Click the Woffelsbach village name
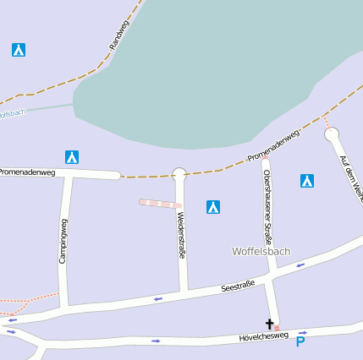pyautogui.click(x=261, y=251)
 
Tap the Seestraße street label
pyautogui.click(x=238, y=286)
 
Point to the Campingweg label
pyautogui.click(x=63, y=241)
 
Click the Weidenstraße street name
pyautogui.click(x=180, y=235)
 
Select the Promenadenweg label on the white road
pyautogui.click(x=28, y=172)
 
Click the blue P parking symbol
pyautogui.click(x=300, y=342)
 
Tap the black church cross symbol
pyautogui.click(x=271, y=324)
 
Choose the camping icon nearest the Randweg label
pyautogui.click(x=19, y=50)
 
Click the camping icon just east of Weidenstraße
pyautogui.click(x=213, y=206)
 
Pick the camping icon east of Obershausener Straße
pyautogui.click(x=307, y=180)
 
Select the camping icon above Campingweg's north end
pyautogui.click(x=72, y=156)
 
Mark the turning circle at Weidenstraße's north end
pyautogui.click(x=179, y=174)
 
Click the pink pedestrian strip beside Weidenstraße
pyautogui.click(x=160, y=203)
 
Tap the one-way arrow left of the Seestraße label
pyautogui.click(x=157, y=298)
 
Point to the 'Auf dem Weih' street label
pyautogui.click(x=349, y=173)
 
